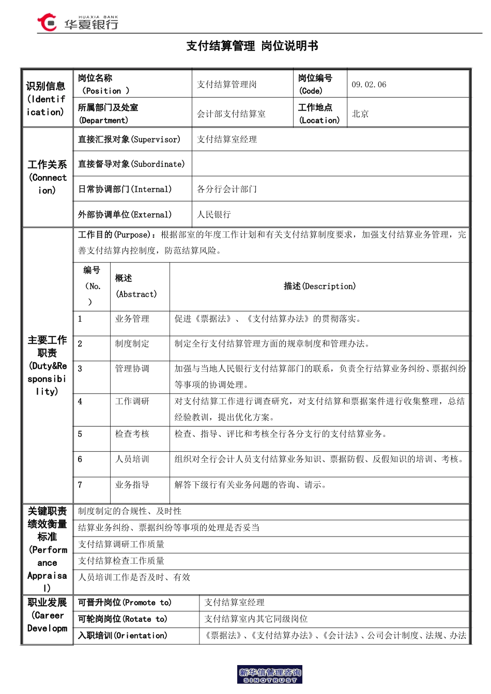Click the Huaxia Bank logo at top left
[x=78, y=22]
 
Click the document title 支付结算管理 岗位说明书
[x=252, y=46]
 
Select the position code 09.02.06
[x=369, y=85]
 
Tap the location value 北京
[x=360, y=114]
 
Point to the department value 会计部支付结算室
[x=231, y=114]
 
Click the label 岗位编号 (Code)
[x=315, y=84]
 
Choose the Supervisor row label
[x=129, y=139]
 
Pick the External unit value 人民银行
[x=214, y=214]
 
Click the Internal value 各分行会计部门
[x=227, y=189]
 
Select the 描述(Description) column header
[x=319, y=286]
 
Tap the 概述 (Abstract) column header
[x=135, y=286]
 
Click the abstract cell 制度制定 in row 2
[x=132, y=343]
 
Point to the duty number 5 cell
[x=80, y=434]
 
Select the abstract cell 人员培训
[x=132, y=459]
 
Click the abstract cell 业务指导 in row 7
[x=132, y=485]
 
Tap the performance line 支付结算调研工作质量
[x=121, y=544]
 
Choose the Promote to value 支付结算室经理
[x=234, y=603]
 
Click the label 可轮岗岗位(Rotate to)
[x=122, y=619]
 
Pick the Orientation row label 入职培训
[x=122, y=636]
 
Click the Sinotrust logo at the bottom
[x=270, y=675]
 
